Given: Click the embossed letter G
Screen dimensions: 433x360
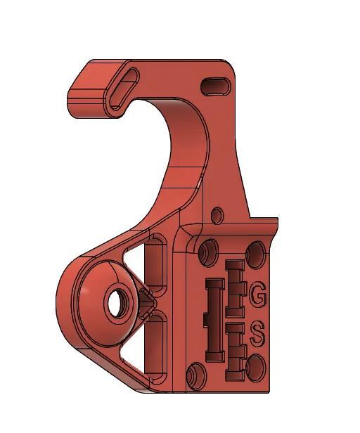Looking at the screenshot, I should pyautogui.click(x=258, y=296).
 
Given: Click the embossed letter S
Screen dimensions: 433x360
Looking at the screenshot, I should pyautogui.click(x=257, y=334).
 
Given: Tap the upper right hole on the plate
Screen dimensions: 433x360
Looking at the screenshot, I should pyautogui.click(x=257, y=251).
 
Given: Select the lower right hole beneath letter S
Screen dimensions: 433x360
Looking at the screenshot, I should pyautogui.click(x=255, y=366).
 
